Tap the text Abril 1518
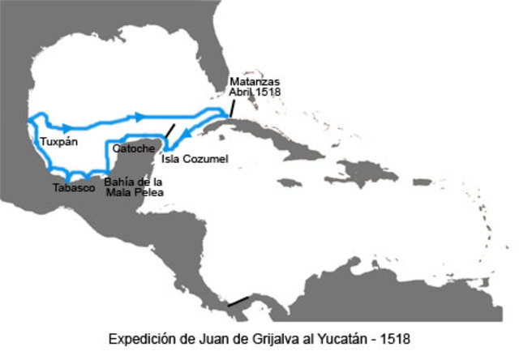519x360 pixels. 253,92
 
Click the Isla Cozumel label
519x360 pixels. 195,159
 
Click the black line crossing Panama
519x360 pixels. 238,302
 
